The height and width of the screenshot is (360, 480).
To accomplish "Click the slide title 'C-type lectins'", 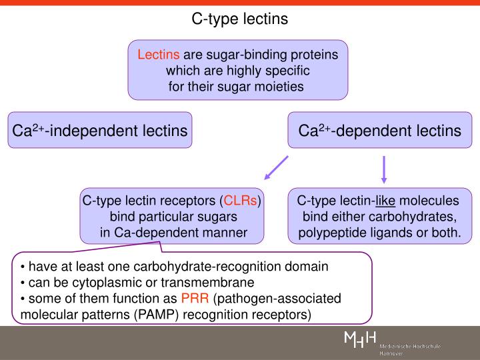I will tap(240, 19).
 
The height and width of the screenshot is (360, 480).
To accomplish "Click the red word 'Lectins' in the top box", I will tap(159, 55).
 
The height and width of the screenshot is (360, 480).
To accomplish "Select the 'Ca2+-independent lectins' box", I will tap(100, 130).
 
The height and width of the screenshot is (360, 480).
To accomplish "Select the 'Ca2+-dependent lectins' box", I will tap(379, 130).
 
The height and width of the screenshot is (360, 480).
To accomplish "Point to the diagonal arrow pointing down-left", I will tap(276, 169).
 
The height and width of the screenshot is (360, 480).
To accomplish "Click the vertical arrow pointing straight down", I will tap(384, 169).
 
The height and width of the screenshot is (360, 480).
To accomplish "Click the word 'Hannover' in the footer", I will tap(393, 355).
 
